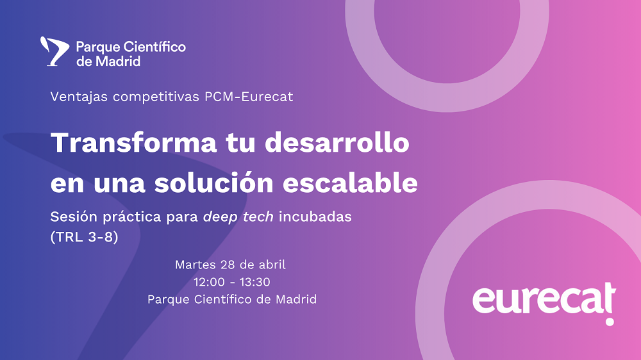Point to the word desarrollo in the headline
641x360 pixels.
(x=337, y=142)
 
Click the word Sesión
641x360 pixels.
(x=72, y=217)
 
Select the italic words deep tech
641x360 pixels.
(x=238, y=217)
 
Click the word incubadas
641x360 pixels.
(x=315, y=217)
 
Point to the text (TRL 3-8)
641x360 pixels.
(x=84, y=236)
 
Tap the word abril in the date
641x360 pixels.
(x=270, y=264)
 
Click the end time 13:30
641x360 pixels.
(x=254, y=281)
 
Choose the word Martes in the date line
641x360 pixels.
(x=194, y=264)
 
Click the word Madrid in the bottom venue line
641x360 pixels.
(x=296, y=299)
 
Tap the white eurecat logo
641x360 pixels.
(x=544, y=300)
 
